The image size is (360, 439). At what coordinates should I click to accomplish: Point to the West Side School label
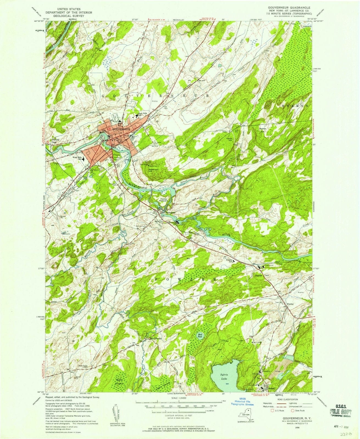(x=77, y=159)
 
